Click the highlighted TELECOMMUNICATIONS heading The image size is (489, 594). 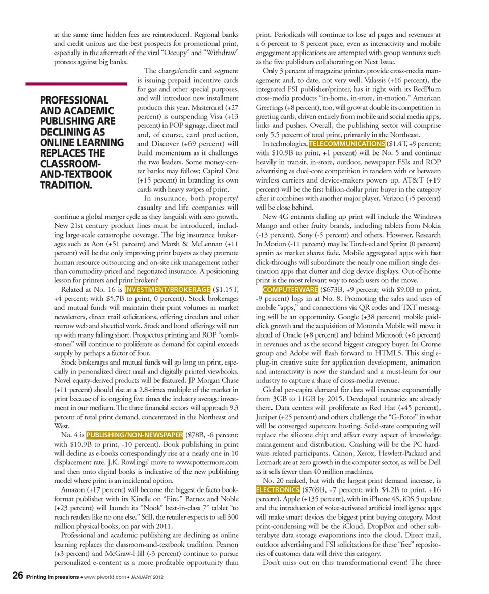coord(347,143)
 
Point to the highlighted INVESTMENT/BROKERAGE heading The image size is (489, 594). coord(168,290)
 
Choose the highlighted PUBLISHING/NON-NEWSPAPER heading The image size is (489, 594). coord(134,435)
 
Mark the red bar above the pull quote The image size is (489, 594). coord(76,84)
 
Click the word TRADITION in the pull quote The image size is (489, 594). coord(66,185)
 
